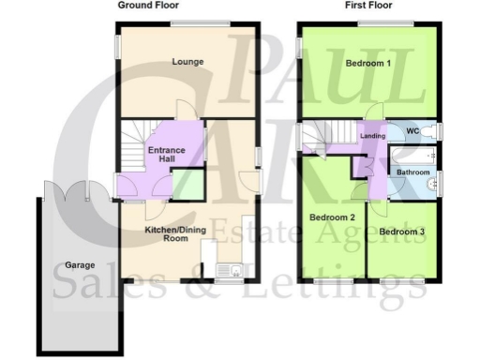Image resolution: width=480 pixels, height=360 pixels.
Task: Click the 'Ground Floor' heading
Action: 148,6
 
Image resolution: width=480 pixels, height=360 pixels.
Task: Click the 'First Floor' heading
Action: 367,6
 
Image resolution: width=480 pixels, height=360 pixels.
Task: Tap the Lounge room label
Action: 187,63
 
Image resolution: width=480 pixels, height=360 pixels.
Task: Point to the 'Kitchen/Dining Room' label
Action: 173,234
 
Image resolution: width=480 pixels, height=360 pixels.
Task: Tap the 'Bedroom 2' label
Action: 333,218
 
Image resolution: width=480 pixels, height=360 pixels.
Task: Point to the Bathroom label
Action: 412,172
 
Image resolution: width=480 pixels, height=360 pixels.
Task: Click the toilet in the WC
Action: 433,131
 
